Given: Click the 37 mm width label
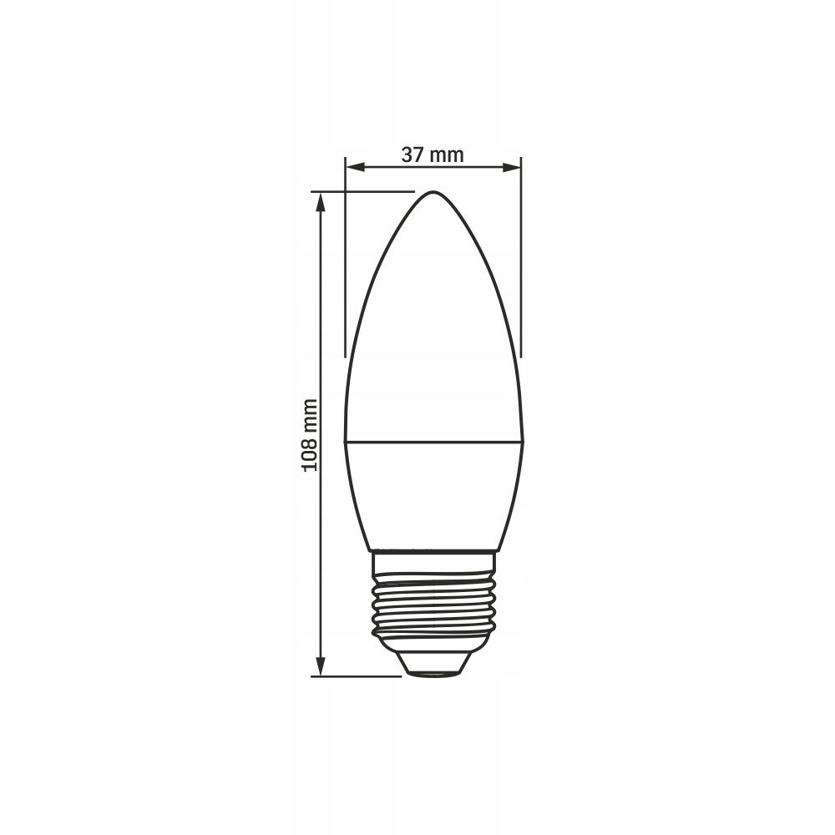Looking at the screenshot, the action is point(433,155).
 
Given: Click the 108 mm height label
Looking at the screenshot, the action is point(310,434).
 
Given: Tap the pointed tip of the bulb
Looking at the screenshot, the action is point(433,192).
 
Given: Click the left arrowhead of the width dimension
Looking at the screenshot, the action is point(355,167).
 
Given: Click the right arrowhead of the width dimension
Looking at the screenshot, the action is point(511,167).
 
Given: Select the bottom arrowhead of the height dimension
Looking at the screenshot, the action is point(321,666).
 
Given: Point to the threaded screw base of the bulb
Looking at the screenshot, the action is point(433,606).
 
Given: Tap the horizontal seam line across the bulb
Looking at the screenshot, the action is point(433,442).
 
